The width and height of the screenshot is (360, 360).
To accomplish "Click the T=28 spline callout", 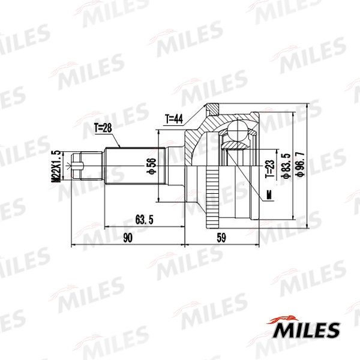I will (103, 128).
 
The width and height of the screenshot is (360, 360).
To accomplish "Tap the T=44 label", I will (173, 119).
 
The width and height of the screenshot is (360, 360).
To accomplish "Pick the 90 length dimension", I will (127, 238).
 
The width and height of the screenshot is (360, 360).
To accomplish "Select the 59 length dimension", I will (220, 238).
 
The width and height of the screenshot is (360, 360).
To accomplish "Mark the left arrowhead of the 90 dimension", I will (73, 245).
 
